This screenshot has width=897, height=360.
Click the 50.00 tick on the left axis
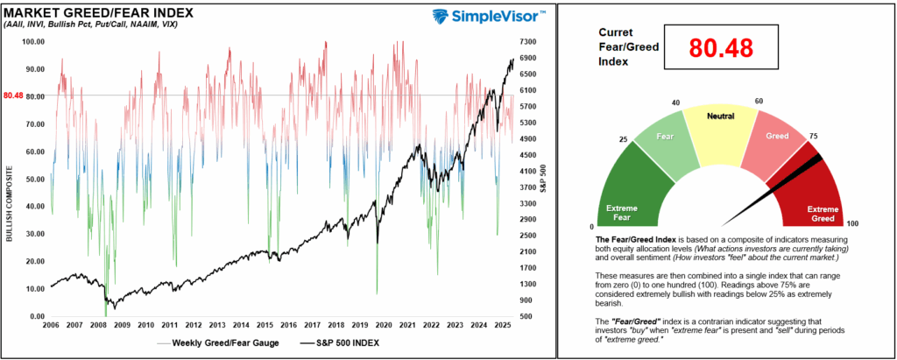click(x=36, y=179)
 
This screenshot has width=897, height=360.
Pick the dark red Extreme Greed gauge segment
click(x=819, y=197)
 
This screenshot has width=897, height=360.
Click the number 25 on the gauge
click(x=623, y=138)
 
